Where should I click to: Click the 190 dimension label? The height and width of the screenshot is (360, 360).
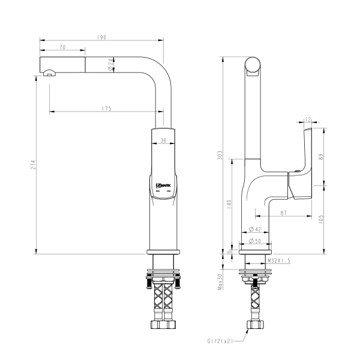point(102,37)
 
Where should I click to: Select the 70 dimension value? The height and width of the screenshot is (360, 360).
point(62,47)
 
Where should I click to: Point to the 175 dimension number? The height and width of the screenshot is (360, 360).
point(107,109)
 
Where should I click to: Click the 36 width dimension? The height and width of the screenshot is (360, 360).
point(163,140)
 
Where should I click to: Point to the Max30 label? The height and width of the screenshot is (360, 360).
point(220,283)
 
